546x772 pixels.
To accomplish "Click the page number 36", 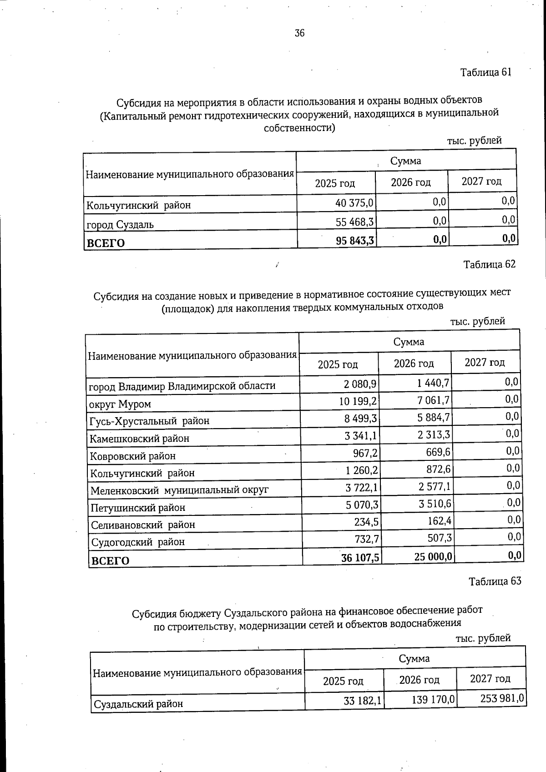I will click(x=299, y=33).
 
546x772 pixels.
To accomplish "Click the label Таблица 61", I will click(x=486, y=72).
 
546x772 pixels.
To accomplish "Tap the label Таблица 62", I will click(x=489, y=264).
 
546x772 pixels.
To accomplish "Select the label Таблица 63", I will click(x=495, y=581).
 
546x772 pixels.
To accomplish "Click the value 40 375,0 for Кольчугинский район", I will click(x=354, y=203).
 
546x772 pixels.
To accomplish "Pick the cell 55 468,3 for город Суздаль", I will click(x=354, y=222).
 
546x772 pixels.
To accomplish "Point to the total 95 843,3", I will click(x=355, y=240).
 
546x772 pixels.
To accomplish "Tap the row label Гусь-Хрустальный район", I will click(x=149, y=421).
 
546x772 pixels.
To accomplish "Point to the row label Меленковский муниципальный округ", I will click(x=179, y=490).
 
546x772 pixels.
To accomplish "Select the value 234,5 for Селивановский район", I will click(x=367, y=522).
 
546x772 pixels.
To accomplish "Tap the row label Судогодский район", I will click(x=138, y=542).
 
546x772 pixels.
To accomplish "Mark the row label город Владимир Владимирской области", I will click(x=182, y=386).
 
